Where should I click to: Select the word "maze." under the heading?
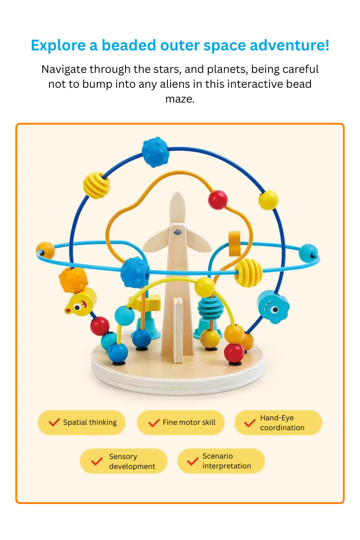click(x=180, y=99)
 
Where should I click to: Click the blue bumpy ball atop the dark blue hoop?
click(x=155, y=152)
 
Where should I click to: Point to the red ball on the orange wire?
click(x=218, y=199)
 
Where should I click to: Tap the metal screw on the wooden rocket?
click(x=178, y=232)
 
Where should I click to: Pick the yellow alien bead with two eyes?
click(x=81, y=301)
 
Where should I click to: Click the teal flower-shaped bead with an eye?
click(x=273, y=306)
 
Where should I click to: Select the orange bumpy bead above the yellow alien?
click(x=73, y=280)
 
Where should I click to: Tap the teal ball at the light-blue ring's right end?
click(x=308, y=253)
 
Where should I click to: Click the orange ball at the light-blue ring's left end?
click(x=45, y=250)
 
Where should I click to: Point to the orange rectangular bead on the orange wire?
click(x=235, y=243)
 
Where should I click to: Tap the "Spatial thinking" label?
click(x=90, y=423)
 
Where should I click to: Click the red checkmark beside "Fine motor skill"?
click(x=154, y=423)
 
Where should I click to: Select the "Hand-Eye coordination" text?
click(x=282, y=423)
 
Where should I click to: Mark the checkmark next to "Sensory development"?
click(x=97, y=461)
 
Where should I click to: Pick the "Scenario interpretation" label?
click(x=226, y=461)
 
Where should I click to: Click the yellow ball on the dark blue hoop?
click(x=268, y=199)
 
